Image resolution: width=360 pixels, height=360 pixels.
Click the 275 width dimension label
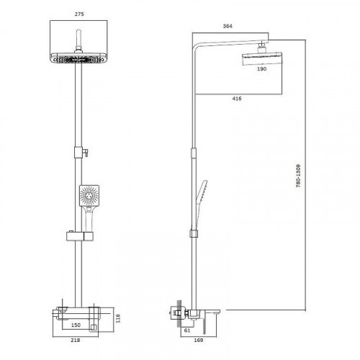(x=79, y=14)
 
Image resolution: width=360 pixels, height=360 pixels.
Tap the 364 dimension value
(x=228, y=26)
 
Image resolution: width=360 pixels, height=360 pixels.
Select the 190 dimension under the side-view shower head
(x=261, y=69)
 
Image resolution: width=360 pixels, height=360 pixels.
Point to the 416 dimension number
(x=237, y=99)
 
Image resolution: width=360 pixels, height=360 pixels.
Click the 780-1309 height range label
(x=298, y=176)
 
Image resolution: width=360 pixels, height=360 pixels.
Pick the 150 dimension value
(x=76, y=325)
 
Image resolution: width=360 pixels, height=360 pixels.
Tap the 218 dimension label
(x=76, y=340)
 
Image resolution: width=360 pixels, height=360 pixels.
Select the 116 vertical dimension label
(x=118, y=318)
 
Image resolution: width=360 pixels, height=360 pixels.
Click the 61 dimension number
(x=187, y=330)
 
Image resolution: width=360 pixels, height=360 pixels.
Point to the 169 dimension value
(x=199, y=340)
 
